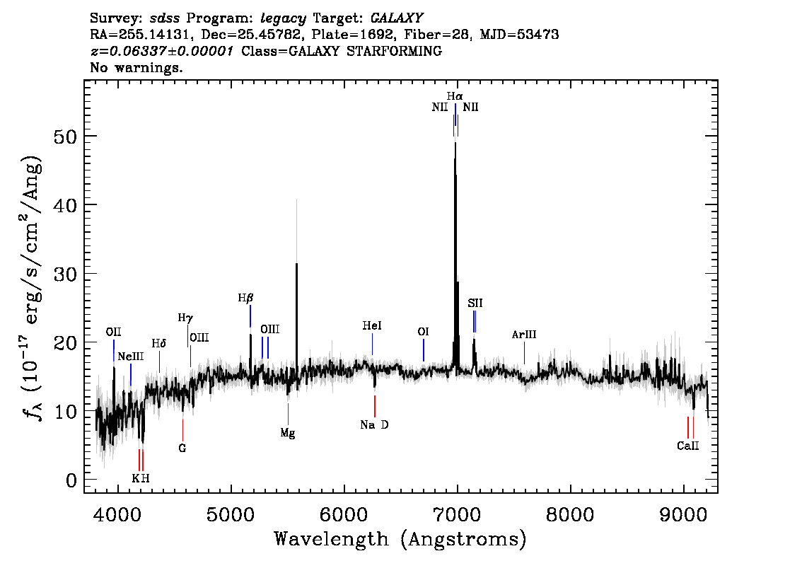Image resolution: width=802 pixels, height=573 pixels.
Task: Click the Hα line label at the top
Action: [455, 96]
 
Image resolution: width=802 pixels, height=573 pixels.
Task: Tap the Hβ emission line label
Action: [246, 298]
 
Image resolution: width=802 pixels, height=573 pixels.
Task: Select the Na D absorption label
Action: [374, 424]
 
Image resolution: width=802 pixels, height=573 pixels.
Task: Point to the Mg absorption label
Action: [287, 434]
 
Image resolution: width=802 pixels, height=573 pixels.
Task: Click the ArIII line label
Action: [524, 335]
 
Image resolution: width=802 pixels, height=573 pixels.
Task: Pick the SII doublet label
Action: [475, 303]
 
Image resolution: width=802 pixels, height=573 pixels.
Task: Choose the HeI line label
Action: [372, 326]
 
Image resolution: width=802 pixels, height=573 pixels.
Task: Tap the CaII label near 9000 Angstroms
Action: [688, 446]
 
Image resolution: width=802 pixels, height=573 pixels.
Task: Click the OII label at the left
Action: [114, 332]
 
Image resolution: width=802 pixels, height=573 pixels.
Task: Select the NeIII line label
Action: [131, 357]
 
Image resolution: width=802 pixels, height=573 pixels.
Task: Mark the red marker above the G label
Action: [182, 430]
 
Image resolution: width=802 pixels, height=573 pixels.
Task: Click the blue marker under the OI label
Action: [424, 350]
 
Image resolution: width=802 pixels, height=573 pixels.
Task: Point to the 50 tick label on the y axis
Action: [65, 137]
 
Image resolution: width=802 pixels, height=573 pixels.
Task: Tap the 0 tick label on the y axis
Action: [71, 481]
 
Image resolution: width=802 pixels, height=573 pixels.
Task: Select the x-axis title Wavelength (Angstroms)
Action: [400, 539]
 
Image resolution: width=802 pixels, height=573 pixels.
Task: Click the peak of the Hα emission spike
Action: [455, 143]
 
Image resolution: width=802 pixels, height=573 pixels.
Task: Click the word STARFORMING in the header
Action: [395, 51]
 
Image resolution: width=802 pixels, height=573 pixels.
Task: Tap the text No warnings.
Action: [136, 67]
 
